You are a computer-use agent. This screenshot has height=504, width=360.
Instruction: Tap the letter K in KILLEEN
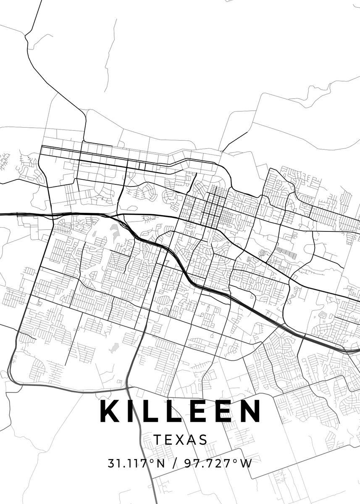(110, 411)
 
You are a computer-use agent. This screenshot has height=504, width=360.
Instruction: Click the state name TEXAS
(181, 440)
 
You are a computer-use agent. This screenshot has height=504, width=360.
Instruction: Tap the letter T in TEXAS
(158, 440)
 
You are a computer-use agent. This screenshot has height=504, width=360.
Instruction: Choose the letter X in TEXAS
(180, 440)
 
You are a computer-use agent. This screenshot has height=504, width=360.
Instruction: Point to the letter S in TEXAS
(203, 440)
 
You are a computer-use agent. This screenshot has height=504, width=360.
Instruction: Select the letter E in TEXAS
(169, 440)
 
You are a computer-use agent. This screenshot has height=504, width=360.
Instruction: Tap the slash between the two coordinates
(173, 464)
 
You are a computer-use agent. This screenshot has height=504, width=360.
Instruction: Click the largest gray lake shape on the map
(115, 230)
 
